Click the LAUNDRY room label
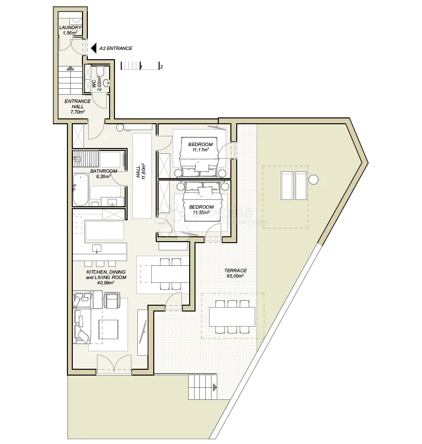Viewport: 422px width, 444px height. point(70,28)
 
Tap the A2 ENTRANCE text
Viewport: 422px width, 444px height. point(116,49)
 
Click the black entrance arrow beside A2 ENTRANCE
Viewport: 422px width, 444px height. point(94,49)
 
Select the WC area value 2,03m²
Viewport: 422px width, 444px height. point(99,83)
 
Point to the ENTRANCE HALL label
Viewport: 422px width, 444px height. point(78,104)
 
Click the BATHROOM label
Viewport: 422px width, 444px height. point(104,171)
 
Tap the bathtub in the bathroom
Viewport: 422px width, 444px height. point(81,190)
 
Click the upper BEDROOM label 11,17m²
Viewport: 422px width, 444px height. point(200,147)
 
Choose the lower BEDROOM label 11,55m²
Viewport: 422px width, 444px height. point(201,210)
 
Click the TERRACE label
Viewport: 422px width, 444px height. point(235,270)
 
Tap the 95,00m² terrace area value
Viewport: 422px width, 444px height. point(235,276)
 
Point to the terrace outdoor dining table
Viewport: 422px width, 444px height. point(232,317)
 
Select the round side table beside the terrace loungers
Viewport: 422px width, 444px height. point(314,180)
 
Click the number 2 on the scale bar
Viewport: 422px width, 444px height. point(162,67)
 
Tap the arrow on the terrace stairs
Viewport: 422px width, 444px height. point(215,387)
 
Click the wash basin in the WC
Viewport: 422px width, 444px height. point(106,83)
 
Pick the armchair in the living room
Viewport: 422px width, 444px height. point(113,300)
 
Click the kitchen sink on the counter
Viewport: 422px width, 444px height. point(97,248)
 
